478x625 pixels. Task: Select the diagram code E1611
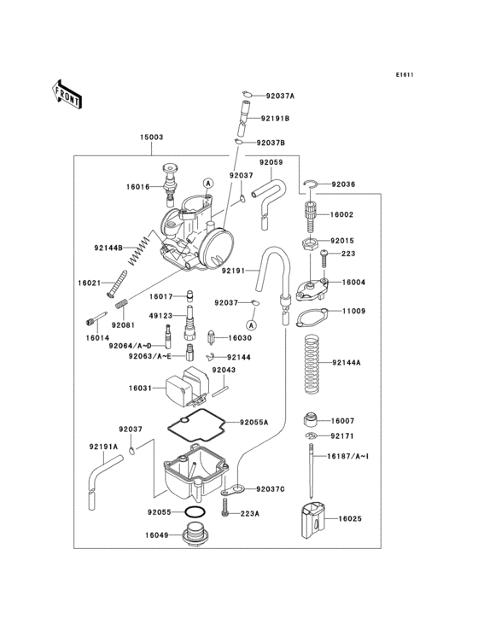[404, 74]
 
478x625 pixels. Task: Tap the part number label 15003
[152, 137]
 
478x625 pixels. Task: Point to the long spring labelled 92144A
[312, 363]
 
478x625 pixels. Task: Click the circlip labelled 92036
[312, 184]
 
